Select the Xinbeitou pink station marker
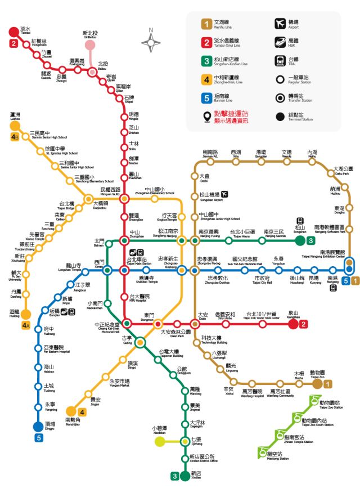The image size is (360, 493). [90, 45]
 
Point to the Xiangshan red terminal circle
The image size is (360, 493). [294, 324]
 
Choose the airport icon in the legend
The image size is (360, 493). [280, 24]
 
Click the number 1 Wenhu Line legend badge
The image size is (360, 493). [208, 24]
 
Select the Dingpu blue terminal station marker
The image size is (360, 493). [38, 425]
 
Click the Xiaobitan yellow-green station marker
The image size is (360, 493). [160, 441]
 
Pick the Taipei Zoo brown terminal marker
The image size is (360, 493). [318, 384]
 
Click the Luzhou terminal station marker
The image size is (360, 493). [15, 127]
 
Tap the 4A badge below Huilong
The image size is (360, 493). [26, 325]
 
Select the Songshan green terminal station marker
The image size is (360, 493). [300, 240]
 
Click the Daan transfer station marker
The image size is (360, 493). [195, 324]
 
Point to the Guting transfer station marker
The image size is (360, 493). [139, 342]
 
